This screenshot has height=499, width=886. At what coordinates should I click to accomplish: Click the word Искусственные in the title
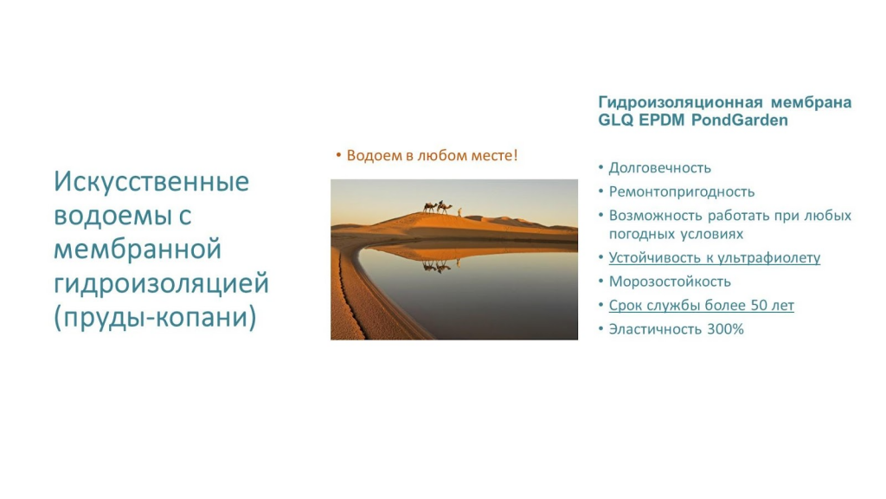point(151,182)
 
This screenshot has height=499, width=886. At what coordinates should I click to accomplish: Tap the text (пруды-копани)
point(156,318)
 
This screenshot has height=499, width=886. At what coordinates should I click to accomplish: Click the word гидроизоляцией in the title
point(162,284)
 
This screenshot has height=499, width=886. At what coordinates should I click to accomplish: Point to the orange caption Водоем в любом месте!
point(433,156)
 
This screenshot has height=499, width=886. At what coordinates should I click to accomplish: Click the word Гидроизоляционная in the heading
point(680,103)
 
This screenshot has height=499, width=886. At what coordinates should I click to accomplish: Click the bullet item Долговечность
point(660,169)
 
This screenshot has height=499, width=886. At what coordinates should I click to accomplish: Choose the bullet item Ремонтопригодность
point(682,192)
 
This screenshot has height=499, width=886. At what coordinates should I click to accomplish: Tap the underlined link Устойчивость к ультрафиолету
point(714,258)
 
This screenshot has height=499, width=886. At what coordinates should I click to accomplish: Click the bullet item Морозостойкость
point(670,282)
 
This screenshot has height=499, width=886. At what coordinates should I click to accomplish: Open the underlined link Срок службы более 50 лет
point(701,306)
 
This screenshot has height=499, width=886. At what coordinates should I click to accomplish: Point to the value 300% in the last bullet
point(726,329)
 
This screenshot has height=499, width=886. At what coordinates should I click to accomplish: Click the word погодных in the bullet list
point(640,234)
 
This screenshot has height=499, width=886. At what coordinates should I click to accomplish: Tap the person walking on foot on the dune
point(459,211)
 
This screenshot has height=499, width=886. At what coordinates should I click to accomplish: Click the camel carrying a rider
point(445,208)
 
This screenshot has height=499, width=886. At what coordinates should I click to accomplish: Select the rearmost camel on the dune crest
point(430,208)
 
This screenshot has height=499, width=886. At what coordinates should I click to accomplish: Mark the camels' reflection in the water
point(441,265)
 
